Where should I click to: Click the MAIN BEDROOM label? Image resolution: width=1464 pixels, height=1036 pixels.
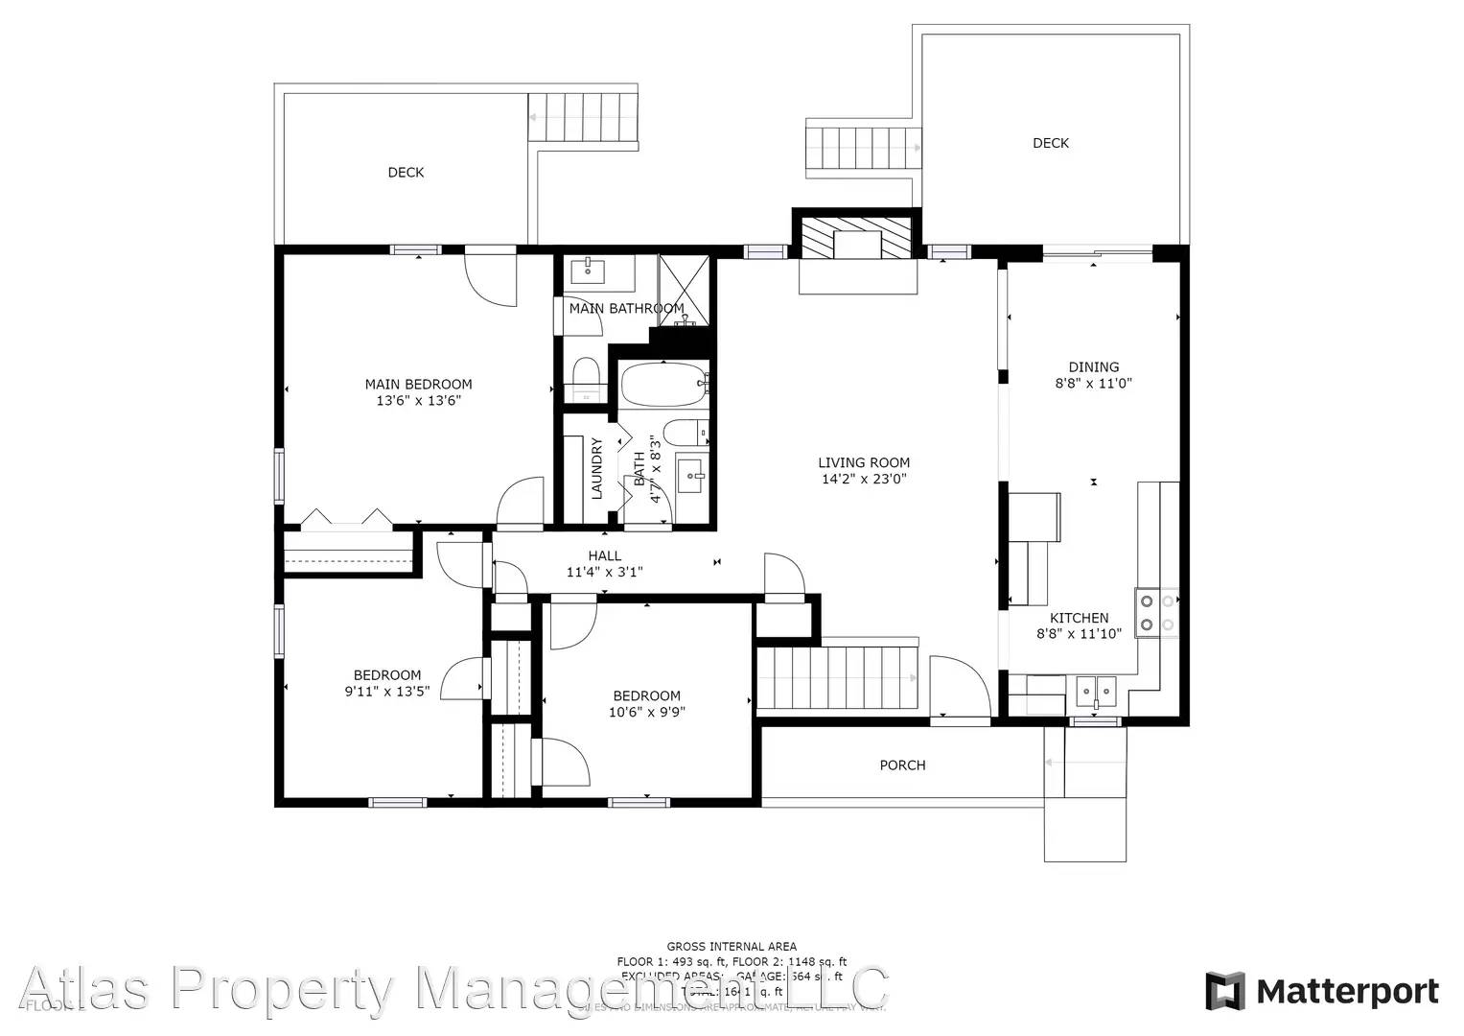418,384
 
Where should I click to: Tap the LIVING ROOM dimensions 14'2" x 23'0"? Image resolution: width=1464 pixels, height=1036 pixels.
864,479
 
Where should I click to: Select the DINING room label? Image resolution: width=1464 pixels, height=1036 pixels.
1093,366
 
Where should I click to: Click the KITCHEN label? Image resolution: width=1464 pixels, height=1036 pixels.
1079,618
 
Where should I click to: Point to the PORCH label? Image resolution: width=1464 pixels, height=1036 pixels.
902,765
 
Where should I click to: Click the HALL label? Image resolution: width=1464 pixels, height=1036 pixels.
604,555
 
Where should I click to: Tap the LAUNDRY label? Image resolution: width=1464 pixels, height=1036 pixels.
596,468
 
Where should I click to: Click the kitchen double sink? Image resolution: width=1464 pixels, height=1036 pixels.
1096,690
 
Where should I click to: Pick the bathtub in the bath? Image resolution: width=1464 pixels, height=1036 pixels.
663,385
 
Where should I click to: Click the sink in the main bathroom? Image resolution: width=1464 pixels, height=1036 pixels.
587,271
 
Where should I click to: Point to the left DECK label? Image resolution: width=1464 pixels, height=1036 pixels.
406,173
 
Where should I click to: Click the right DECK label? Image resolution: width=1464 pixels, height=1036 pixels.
1050,143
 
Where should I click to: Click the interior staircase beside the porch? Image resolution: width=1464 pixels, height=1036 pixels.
837,677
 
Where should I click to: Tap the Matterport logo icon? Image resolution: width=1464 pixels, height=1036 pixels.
1224,991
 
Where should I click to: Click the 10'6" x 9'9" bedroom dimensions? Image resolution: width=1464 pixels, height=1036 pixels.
646,712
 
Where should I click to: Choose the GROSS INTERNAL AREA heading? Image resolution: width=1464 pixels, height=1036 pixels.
732,947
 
